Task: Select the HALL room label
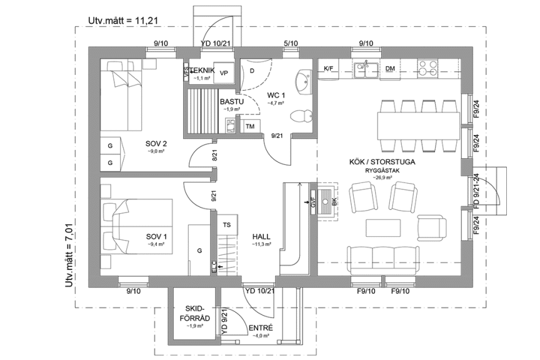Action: pos(261,236)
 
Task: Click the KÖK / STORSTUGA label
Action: pos(382,162)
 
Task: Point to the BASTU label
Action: pos(231,101)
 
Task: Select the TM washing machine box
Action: pos(251,127)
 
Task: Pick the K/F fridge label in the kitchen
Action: pos(329,68)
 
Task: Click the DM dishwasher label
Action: pos(390,68)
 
